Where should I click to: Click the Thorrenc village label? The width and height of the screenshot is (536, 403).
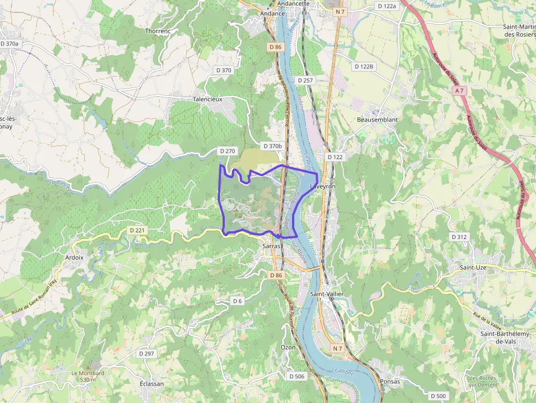pyautogui.click(x=158, y=31)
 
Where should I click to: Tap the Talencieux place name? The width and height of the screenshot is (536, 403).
pyautogui.click(x=207, y=100)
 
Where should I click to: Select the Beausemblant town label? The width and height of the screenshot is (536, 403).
pyautogui.click(x=377, y=119)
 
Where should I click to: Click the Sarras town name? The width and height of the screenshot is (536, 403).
pyautogui.click(x=271, y=247)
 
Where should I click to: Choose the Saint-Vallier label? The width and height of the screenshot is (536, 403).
pyautogui.click(x=327, y=294)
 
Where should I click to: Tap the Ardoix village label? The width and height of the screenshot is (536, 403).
pyautogui.click(x=74, y=258)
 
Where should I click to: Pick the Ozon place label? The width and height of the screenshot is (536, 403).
pyautogui.click(x=288, y=347)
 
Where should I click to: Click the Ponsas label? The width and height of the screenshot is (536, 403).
pyautogui.click(x=390, y=382)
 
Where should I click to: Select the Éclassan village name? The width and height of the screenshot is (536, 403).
pyautogui.click(x=152, y=384)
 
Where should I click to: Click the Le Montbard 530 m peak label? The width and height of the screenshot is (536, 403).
pyautogui.click(x=88, y=376)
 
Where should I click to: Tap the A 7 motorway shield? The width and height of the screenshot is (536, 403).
pyautogui.click(x=459, y=91)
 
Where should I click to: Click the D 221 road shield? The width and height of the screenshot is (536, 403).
pyautogui.click(x=138, y=230)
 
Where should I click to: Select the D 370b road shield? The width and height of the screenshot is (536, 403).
pyautogui.click(x=272, y=146)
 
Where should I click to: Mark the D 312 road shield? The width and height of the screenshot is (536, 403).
pyautogui.click(x=459, y=237)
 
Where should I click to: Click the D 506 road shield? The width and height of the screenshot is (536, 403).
pyautogui.click(x=296, y=376)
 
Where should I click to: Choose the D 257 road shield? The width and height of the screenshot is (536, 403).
pyautogui.click(x=305, y=80)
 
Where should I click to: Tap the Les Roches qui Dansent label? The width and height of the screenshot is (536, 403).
pyautogui.click(x=482, y=381)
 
